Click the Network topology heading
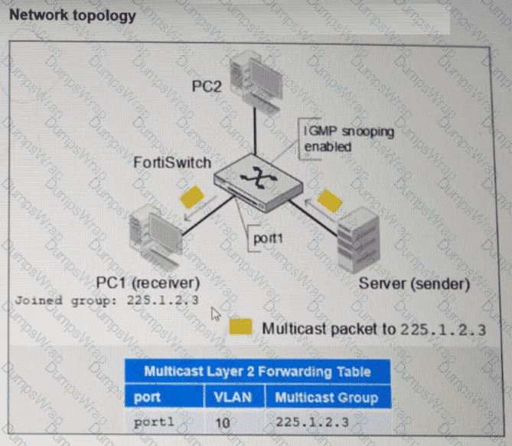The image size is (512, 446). [x=73, y=15]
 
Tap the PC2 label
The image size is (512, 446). [x=207, y=87]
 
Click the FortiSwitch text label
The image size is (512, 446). [x=172, y=162]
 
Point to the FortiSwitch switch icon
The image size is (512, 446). [x=258, y=183]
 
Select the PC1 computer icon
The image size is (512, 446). [x=155, y=236]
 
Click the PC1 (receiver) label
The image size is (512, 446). [x=148, y=283]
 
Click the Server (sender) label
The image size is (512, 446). [x=414, y=284]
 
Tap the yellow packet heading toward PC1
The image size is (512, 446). [x=192, y=197]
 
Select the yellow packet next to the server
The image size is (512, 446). [x=330, y=201]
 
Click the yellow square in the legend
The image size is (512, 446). [x=240, y=326]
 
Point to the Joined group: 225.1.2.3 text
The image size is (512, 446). [x=107, y=300]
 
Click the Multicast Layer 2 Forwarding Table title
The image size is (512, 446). [x=258, y=372]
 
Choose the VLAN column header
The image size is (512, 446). [x=233, y=397]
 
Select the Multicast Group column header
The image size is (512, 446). [x=327, y=397]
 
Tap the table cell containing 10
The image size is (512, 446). [x=223, y=423]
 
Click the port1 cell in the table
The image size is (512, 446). [x=154, y=421]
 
